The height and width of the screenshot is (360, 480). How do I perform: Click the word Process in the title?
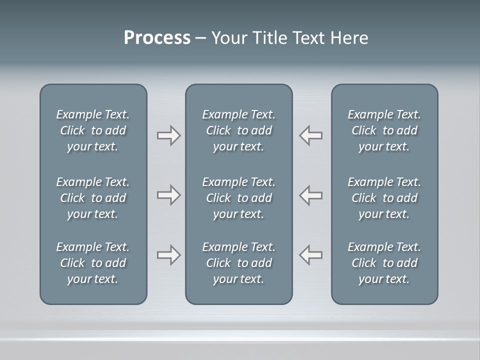click(157, 38)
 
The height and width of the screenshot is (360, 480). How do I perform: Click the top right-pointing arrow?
click(169, 135)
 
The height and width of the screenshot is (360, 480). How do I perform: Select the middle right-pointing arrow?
click(169, 195)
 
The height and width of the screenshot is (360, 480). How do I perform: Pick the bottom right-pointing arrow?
click(169, 255)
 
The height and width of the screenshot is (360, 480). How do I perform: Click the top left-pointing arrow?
click(310, 135)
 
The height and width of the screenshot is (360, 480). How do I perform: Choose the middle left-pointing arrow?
click(310, 195)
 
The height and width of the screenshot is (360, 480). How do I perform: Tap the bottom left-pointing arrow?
click(310, 255)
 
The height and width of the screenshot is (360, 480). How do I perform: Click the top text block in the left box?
click(93, 130)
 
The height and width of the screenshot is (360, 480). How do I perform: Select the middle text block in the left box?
click(93, 198)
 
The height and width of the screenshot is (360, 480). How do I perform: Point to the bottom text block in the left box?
click(93, 263)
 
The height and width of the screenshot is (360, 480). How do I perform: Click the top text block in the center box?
click(238, 130)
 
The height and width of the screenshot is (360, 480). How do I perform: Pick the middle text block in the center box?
click(238, 198)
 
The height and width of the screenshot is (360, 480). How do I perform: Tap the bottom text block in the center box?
click(238, 263)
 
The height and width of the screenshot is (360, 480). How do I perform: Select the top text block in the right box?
click(384, 130)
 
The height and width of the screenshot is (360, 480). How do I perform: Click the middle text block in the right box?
click(384, 198)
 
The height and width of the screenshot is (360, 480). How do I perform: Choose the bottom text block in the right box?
click(384, 263)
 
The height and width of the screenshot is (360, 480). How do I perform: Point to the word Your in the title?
click(228, 38)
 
